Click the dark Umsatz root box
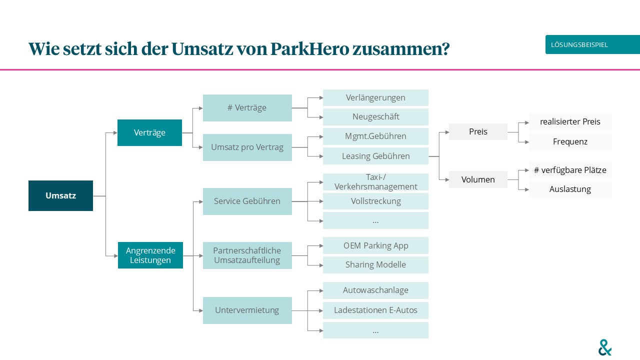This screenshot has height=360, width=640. coord(60,195)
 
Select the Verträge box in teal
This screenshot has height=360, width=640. coord(149,132)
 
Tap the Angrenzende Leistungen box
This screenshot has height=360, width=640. coord(150,255)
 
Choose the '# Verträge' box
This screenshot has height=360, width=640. coord(247,107)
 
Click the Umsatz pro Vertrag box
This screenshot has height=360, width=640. coord(247,147)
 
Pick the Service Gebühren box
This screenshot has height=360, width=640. coord(247,201)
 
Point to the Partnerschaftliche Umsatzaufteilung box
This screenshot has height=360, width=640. coord(247,255)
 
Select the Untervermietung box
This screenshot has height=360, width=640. coord(247,310)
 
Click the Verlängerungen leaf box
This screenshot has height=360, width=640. coord(375,97)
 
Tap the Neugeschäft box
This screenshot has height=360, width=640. coord(375,116)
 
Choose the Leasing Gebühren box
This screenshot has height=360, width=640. coord(375,156)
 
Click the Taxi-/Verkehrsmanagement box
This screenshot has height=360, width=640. coord(375,182)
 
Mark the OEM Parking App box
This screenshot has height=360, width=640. coord(375,245)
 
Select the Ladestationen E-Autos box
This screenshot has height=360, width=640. coord(375,310)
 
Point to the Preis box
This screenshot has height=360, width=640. coord(478,131)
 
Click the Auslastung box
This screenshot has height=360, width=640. coord(570,189)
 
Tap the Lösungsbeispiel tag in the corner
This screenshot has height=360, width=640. coord(592,45)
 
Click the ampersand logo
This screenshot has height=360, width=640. coord(605,347)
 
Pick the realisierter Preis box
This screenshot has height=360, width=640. coord(570,121)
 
